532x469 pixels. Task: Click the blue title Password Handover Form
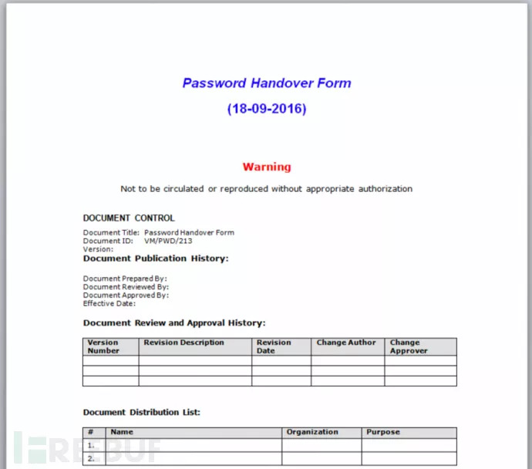266,83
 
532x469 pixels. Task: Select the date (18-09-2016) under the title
266,109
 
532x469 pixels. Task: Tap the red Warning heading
267,167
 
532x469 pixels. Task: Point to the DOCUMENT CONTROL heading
129,218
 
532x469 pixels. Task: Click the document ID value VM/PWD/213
168,241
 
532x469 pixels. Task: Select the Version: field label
98,249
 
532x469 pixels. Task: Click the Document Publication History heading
156,259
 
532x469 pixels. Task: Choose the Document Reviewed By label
126,287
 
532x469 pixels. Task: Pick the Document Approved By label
126,295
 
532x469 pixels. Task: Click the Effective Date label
109,303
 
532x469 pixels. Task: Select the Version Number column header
103,346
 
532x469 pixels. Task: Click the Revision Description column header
184,342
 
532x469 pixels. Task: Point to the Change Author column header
346,342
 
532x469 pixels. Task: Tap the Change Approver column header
408,346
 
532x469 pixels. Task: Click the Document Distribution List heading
142,413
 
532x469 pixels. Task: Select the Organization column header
312,433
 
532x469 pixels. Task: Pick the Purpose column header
382,433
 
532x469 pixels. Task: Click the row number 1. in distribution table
91,445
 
